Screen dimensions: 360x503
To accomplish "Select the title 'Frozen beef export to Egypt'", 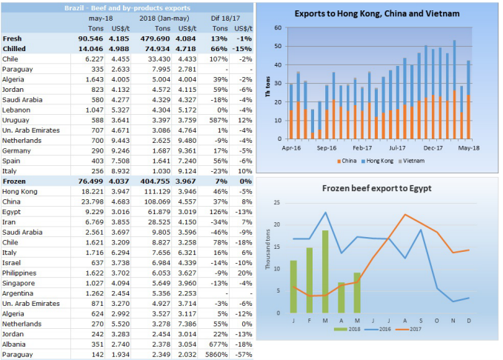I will click(x=376, y=188).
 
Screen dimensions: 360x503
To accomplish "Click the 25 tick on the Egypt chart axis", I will click(x=277, y=202).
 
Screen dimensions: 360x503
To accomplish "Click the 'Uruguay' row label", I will click(x=16, y=119).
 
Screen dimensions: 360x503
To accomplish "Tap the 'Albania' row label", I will click(x=15, y=344).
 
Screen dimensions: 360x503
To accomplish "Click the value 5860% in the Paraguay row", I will click(x=218, y=353).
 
